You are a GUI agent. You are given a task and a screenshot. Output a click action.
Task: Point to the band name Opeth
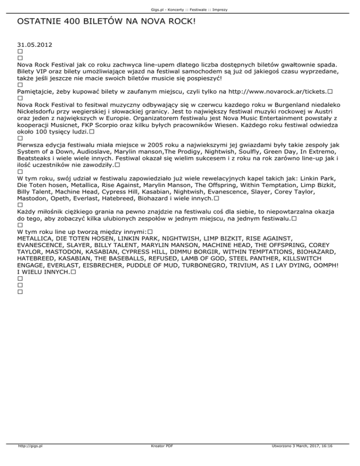point(60,198)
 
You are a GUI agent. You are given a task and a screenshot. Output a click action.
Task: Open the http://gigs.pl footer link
point(29,460)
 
